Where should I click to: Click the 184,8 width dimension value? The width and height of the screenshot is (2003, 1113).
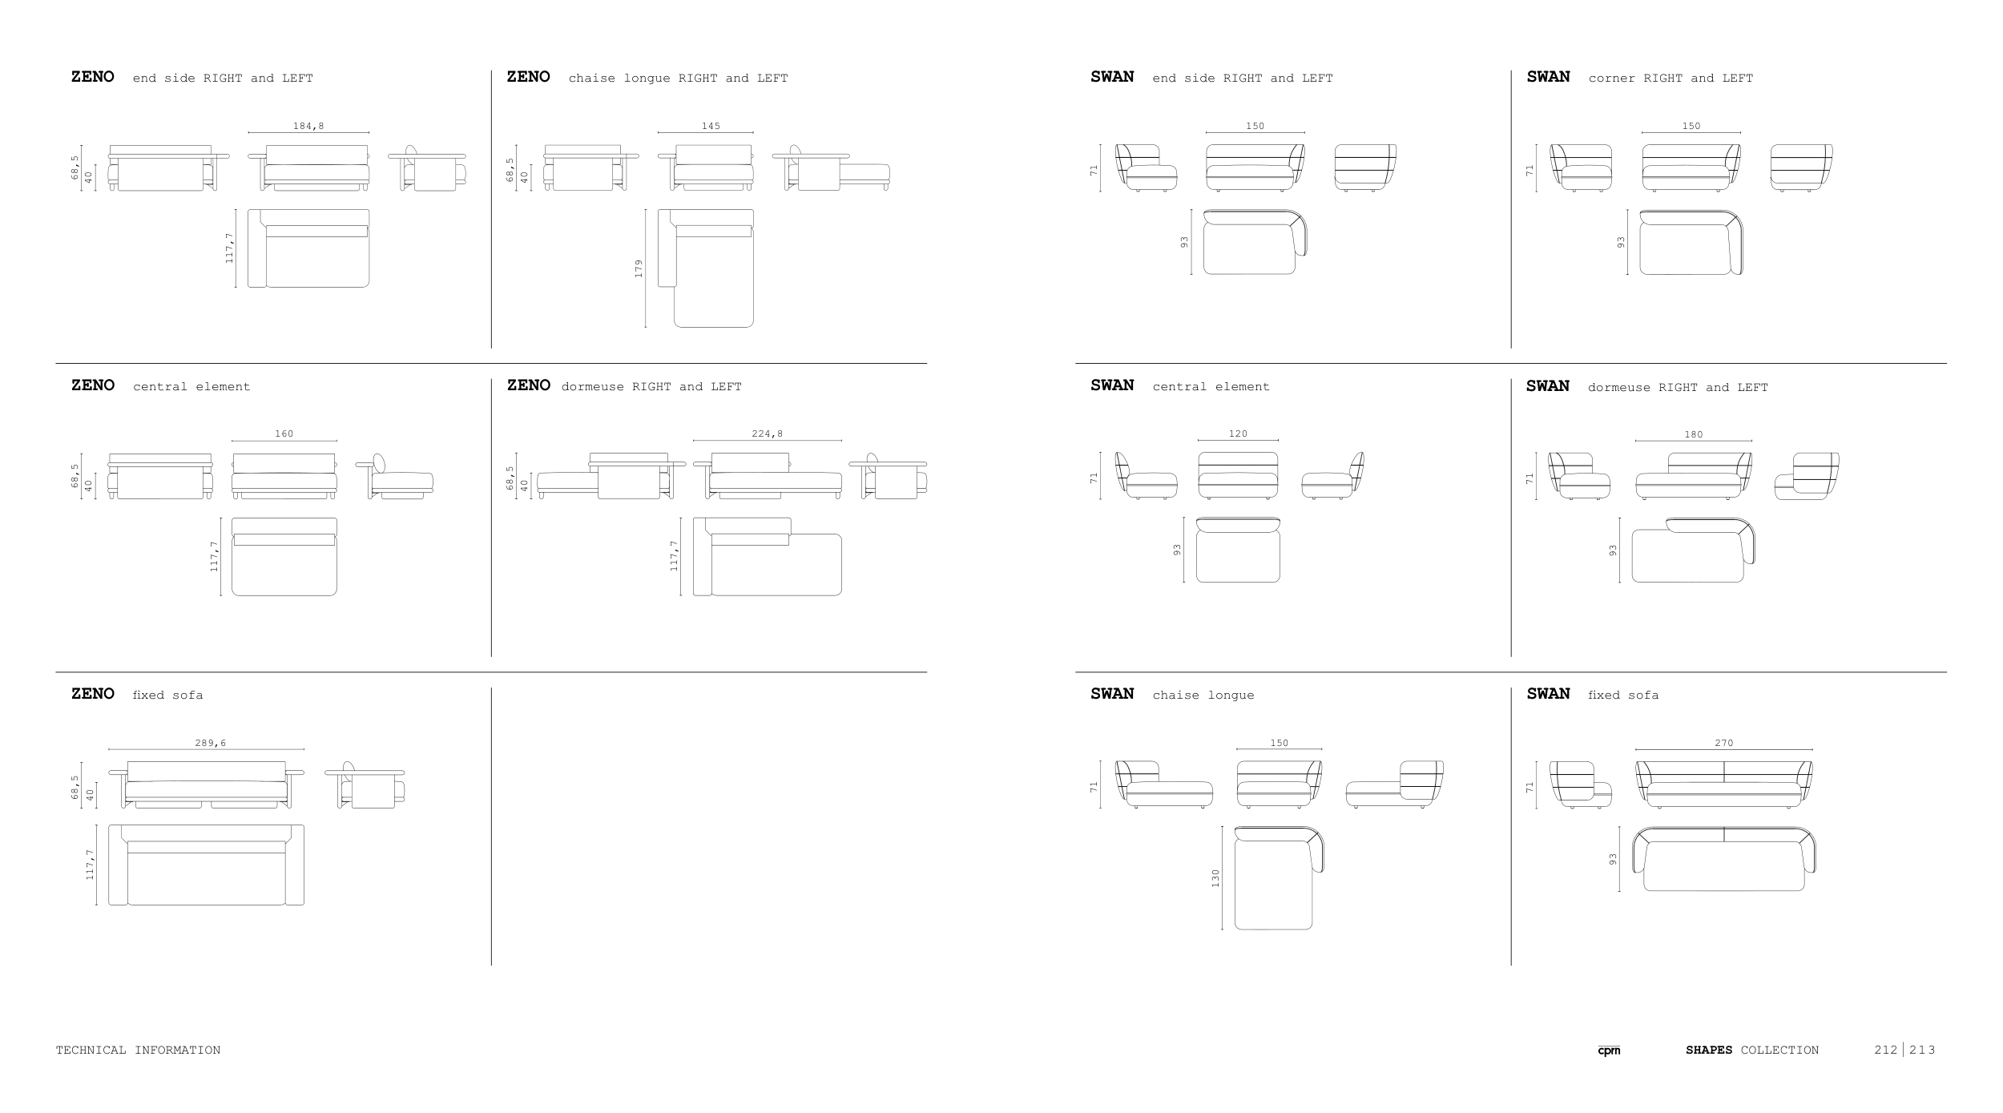coord(308,126)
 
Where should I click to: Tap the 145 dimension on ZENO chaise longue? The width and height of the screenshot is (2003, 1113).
coord(711,126)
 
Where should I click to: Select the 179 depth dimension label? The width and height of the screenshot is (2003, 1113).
coord(639,268)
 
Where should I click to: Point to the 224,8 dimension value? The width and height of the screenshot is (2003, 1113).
coord(767,434)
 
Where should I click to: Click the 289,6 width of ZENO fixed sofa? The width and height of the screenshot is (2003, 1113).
coord(210,743)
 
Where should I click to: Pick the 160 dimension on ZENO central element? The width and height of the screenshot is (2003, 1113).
coord(284,434)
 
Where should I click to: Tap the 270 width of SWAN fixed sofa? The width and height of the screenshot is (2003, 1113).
coord(1723,743)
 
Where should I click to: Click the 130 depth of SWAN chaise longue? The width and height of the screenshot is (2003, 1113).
coord(1215,878)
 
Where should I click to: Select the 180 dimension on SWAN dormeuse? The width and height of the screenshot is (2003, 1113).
coord(1693,434)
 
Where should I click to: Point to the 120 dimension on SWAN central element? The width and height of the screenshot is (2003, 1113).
coord(1238,434)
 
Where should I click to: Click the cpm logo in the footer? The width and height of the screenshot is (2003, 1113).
coord(1608,1050)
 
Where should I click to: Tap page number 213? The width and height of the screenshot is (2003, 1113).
coord(1922,1050)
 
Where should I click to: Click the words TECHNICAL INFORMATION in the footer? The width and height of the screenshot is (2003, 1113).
coord(138,1050)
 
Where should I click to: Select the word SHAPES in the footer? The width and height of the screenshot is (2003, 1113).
coord(1708,1050)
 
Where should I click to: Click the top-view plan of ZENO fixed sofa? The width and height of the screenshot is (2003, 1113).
coord(206,865)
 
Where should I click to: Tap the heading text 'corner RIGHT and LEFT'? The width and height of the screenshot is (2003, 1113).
coord(1671,78)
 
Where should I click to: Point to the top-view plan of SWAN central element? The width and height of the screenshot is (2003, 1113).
coord(1238,551)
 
